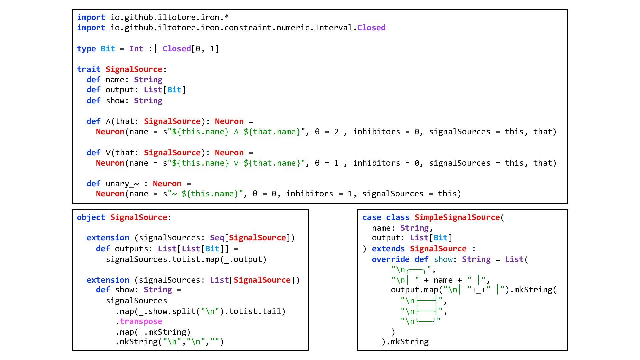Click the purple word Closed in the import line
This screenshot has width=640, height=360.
click(x=371, y=28)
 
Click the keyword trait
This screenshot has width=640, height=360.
click(x=89, y=69)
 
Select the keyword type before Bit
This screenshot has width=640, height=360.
click(x=86, y=49)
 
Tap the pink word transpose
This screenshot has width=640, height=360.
click(x=141, y=321)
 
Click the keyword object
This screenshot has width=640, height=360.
click(x=91, y=217)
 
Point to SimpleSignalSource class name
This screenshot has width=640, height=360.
click(x=457, y=217)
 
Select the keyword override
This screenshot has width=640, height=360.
click(x=391, y=259)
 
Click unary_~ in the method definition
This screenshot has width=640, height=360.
click(x=122, y=184)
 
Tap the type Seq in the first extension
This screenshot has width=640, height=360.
click(x=217, y=238)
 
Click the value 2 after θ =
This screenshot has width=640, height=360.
click(x=336, y=132)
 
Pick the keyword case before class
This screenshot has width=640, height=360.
click(x=372, y=217)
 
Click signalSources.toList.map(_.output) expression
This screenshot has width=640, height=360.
click(x=186, y=259)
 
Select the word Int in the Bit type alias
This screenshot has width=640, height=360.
click(x=136, y=49)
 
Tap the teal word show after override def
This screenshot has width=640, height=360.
click(x=443, y=259)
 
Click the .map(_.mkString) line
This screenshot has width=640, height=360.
click(x=153, y=332)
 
